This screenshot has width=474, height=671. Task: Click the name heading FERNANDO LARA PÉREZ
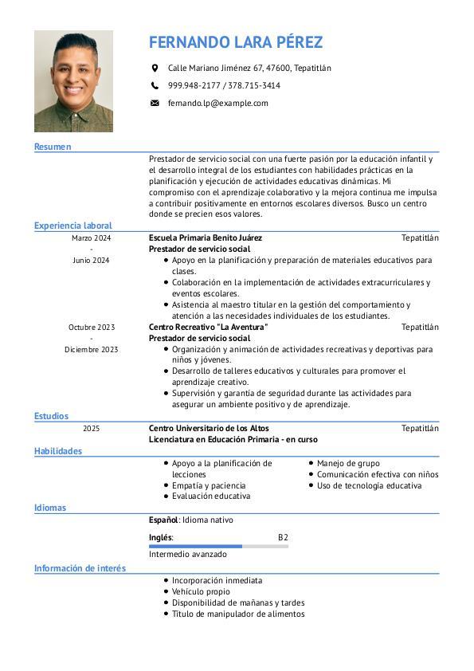coord(236,42)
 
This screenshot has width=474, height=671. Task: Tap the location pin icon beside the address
coord(155,69)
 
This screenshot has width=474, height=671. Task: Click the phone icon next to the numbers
coord(155,85)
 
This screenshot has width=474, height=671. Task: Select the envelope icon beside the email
coord(155,103)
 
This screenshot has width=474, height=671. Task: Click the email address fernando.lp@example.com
coord(217,103)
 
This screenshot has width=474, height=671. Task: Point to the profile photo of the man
coord(73,81)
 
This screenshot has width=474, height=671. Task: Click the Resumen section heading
coord(53,147)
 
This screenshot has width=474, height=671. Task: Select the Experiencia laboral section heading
coord(73,226)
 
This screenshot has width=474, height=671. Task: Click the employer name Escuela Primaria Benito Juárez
coord(206,237)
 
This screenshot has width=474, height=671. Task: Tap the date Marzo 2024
coord(92,237)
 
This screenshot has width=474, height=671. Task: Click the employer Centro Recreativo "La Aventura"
coord(209,327)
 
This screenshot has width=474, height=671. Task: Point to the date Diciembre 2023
coord(92,349)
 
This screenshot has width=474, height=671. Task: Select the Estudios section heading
coord(51,416)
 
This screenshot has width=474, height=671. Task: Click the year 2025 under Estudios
coord(92,428)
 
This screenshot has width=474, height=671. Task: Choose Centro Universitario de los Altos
coord(209,428)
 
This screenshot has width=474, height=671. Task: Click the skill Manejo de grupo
coord(348,463)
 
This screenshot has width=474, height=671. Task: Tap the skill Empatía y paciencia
coord(209,485)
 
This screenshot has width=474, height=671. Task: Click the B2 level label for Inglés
coord(283,537)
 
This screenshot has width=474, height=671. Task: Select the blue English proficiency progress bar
coord(195,546)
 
